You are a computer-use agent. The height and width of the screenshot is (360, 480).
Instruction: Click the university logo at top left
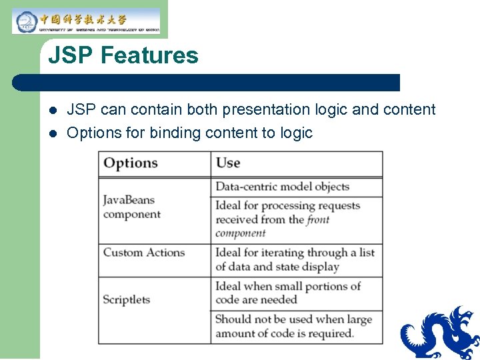click(85, 21)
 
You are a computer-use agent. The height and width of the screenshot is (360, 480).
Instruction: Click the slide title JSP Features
click(123, 55)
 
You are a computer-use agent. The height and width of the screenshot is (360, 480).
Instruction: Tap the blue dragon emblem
click(440, 333)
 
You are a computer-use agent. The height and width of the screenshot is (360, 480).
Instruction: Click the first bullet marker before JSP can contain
click(53, 110)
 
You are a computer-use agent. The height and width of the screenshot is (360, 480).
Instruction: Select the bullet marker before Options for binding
click(53, 133)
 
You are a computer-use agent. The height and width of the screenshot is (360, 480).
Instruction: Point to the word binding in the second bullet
click(175, 133)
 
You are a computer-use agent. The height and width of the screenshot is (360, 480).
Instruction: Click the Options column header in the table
click(131, 163)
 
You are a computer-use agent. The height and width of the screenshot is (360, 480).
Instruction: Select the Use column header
click(228, 163)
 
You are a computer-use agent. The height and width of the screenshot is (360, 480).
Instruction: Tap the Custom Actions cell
click(143, 253)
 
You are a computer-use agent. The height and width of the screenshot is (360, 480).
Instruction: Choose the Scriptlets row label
click(126, 299)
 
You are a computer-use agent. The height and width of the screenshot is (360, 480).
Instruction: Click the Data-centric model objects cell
click(282, 187)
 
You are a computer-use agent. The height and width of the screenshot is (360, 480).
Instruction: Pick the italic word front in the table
click(318, 219)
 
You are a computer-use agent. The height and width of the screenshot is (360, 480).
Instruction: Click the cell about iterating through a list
click(294, 259)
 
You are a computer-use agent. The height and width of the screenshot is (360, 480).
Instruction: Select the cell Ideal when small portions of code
click(287, 293)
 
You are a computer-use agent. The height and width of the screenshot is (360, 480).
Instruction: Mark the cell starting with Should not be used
click(293, 326)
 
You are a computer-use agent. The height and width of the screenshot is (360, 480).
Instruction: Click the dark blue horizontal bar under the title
click(207, 83)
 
